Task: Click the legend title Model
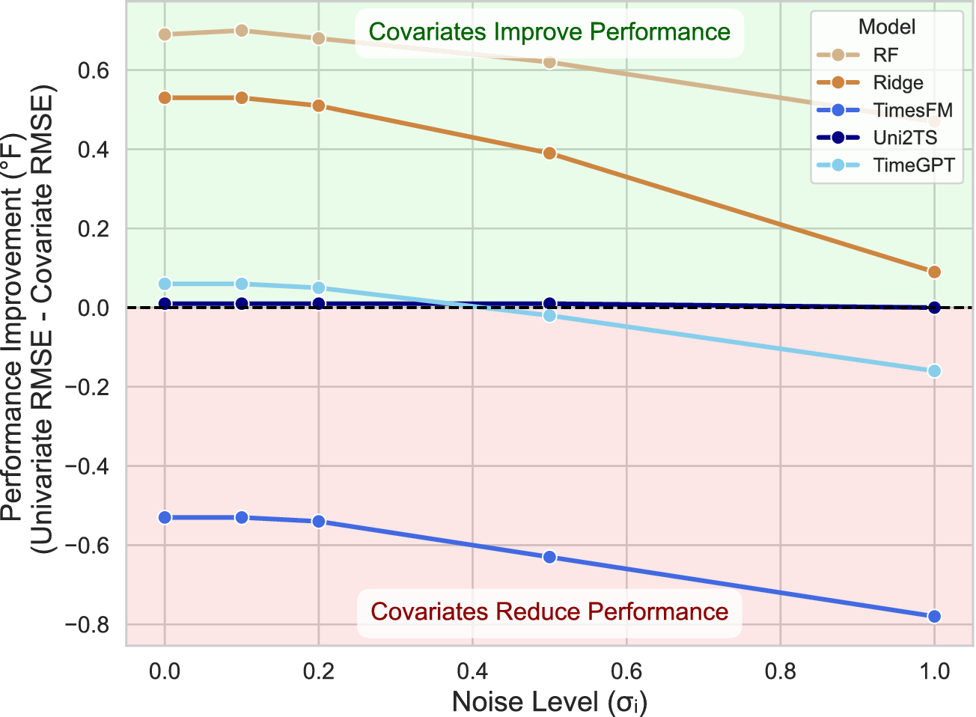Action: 887,27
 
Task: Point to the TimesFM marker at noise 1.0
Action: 934,617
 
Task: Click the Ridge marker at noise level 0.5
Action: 549,153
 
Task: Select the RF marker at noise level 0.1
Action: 242,31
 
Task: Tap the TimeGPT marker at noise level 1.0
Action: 934,371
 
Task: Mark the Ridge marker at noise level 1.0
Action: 934,272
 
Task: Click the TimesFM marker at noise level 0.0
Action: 165,518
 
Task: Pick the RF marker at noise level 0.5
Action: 549,62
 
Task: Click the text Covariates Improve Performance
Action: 549,32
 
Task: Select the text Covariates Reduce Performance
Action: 549,612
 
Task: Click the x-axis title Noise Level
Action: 549,702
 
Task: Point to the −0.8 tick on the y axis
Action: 88,625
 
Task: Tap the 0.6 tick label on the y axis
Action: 94,71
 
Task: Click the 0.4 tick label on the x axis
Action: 472,671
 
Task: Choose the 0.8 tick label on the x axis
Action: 780,671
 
